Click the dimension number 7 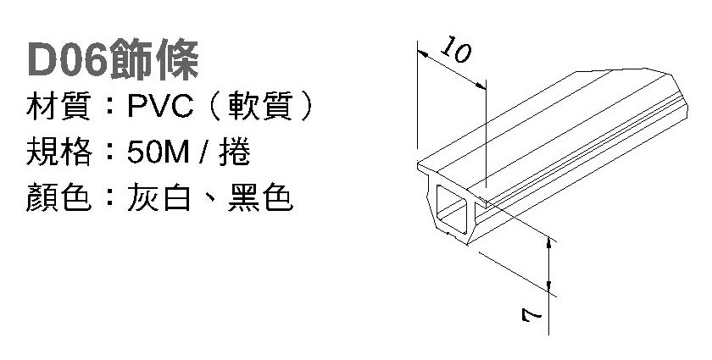531,317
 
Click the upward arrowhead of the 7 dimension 551,243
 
